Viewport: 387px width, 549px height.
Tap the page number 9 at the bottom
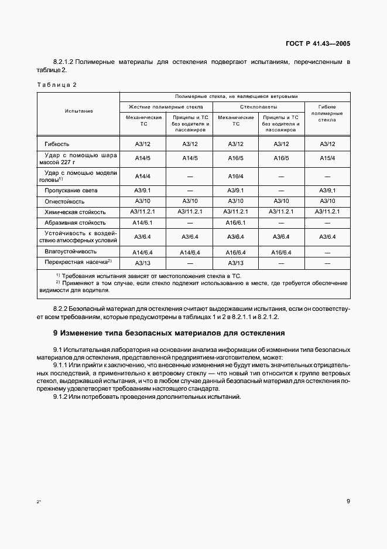coord(348,501)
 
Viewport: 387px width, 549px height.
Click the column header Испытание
coord(78,111)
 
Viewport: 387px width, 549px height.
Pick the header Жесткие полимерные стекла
coord(166,107)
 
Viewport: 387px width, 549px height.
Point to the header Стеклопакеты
coord(258,107)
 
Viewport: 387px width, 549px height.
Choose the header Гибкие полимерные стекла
coord(327,113)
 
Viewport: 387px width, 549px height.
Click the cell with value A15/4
coord(327,158)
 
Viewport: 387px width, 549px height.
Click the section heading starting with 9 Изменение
coord(160,333)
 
